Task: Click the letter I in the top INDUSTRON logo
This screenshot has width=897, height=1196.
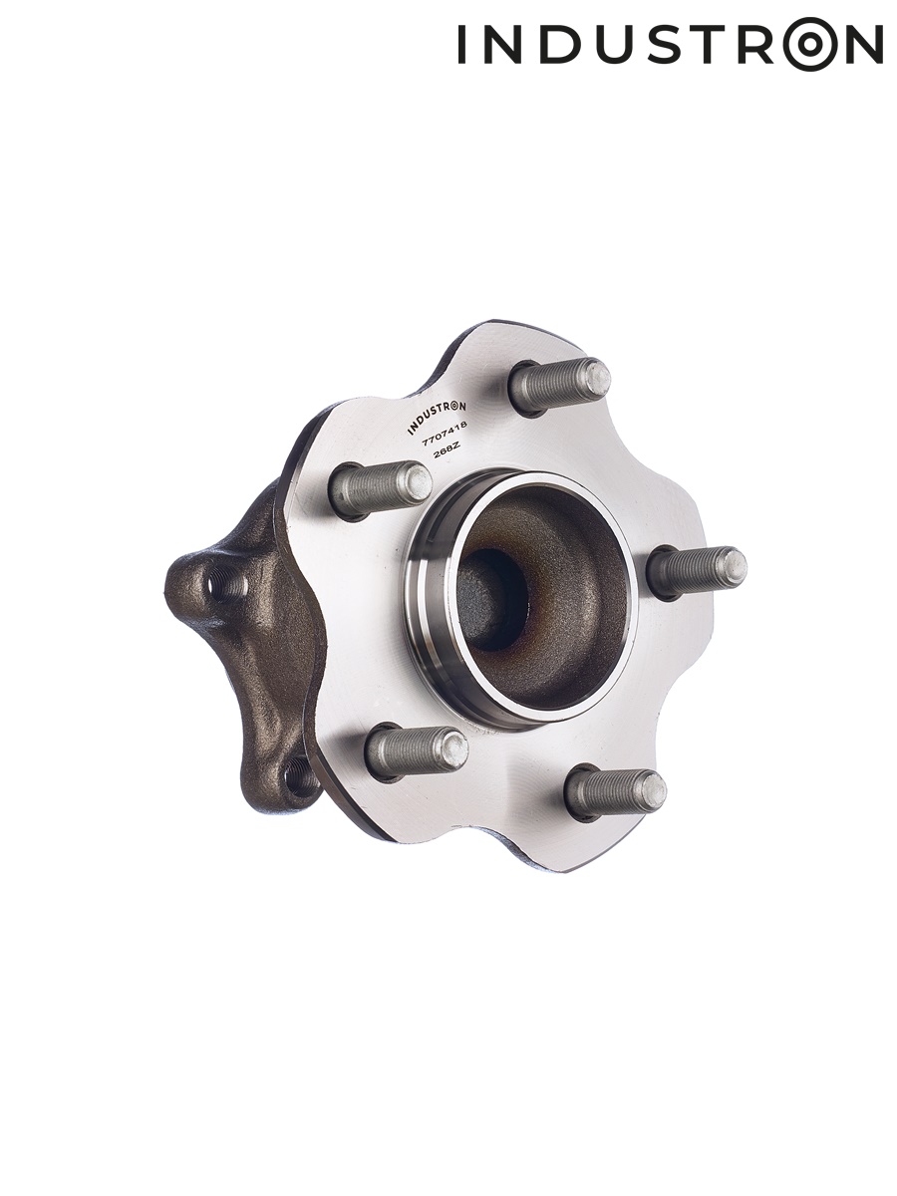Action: click(x=461, y=44)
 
